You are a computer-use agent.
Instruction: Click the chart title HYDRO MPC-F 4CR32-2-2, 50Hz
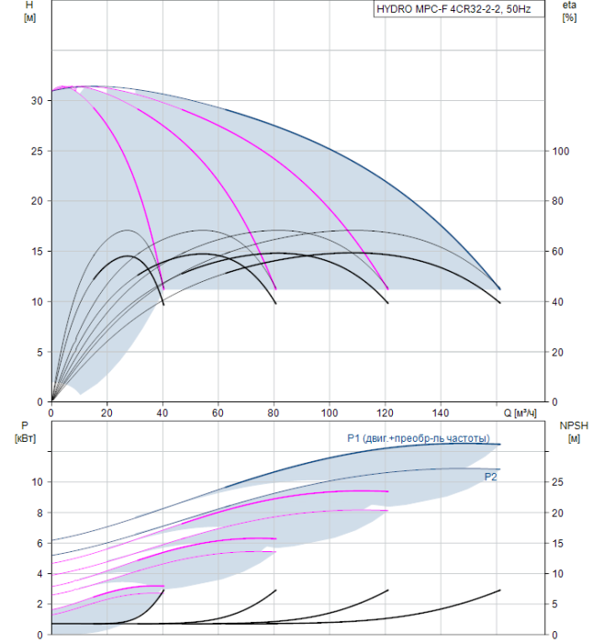[453, 9]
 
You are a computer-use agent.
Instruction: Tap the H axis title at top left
[29, 11]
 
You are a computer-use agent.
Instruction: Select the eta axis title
[569, 11]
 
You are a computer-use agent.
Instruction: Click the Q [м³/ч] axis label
[520, 413]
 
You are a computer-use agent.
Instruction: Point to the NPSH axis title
[574, 432]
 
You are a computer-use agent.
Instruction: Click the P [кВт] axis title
[25, 432]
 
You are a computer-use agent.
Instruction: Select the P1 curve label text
[419, 438]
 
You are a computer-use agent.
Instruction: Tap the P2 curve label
[490, 477]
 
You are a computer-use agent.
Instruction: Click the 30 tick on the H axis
[37, 101]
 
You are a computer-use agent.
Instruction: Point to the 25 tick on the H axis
[37, 152]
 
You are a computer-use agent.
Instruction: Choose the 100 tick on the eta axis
[561, 152]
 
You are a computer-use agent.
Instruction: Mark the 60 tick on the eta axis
[558, 252]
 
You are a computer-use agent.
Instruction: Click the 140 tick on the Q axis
[441, 413]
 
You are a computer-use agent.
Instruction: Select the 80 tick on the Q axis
[274, 413]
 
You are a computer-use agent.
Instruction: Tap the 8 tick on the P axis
[39, 513]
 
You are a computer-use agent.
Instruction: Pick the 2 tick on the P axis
[39, 604]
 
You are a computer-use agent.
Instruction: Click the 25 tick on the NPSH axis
[558, 482]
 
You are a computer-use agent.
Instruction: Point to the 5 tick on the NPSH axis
[554, 604]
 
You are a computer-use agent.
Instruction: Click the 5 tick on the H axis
[39, 352]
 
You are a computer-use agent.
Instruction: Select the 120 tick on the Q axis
[385, 413]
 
